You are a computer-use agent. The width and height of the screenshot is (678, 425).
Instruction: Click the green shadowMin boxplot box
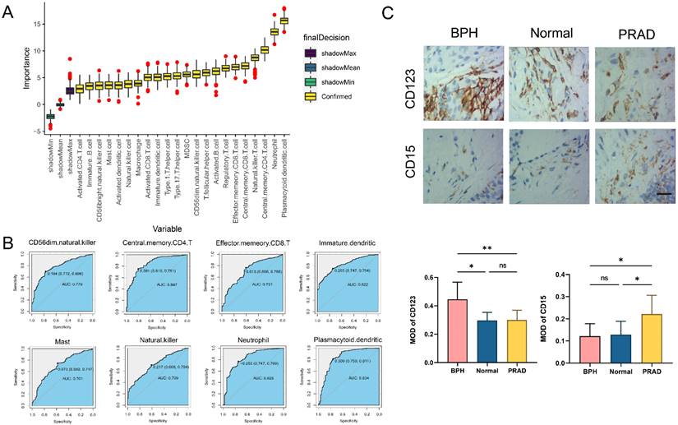pyautogui.click(x=49, y=117)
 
